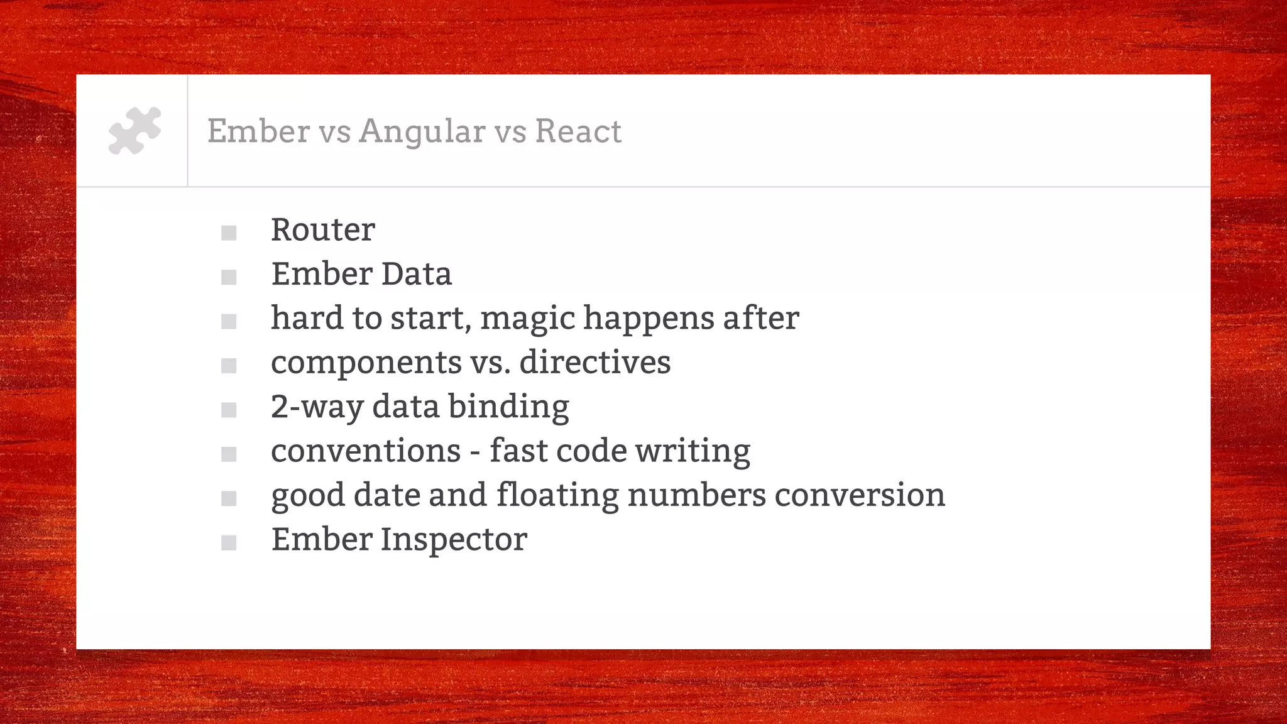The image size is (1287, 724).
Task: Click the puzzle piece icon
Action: [134, 131]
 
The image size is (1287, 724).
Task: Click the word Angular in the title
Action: [422, 132]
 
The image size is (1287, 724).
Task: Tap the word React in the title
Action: [578, 131]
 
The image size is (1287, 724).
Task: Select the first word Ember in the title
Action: [258, 131]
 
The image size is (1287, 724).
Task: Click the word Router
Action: [322, 230]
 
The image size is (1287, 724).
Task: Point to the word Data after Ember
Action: [416, 274]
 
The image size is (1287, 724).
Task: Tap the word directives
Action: [594, 363]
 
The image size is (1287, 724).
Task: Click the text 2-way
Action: [317, 407]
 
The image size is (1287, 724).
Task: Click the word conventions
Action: [366, 451]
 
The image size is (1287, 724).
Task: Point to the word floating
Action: [557, 496]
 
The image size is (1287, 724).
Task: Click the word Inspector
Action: [453, 540]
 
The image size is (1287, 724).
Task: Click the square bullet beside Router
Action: [229, 233]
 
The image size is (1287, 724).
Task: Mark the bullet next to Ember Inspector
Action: [229, 543]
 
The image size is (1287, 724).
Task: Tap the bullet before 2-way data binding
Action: [229, 410]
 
